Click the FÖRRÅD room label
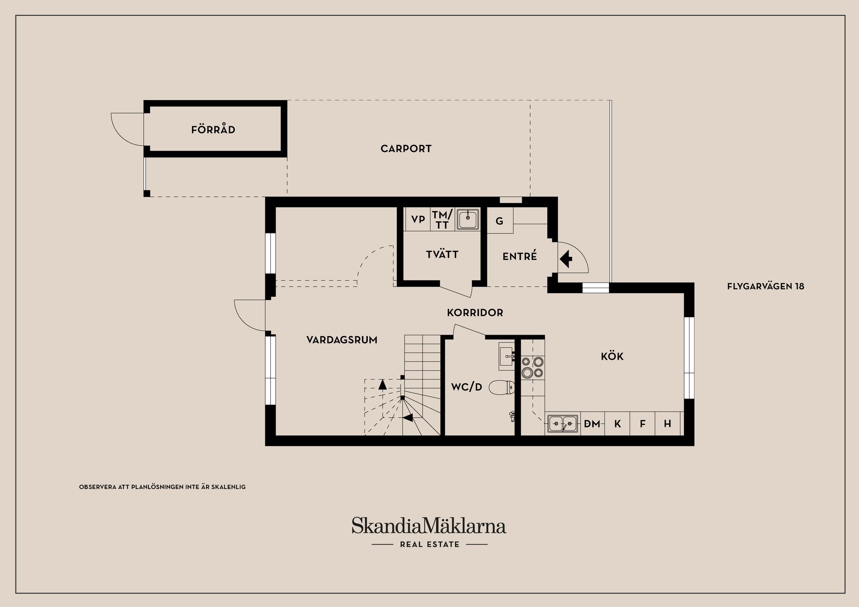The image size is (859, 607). click(x=213, y=129)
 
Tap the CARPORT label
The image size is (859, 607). click(x=406, y=149)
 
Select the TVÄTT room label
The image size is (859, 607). click(x=442, y=254)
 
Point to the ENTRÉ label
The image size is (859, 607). click(x=519, y=256)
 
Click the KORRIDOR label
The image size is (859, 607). click(x=475, y=313)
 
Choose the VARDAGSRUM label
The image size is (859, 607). click(x=342, y=340)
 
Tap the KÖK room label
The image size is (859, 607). click(x=612, y=356)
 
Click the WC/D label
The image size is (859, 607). click(x=467, y=387)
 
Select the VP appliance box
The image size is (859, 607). click(x=417, y=219)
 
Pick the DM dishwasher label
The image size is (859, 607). click(x=592, y=424)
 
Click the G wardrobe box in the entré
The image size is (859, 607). click(x=500, y=221)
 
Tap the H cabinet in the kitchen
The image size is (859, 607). click(x=668, y=424)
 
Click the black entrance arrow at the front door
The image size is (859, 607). click(x=566, y=259)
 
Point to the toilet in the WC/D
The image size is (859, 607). click(x=502, y=387)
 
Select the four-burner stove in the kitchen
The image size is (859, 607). click(x=532, y=367)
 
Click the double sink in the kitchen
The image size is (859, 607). click(x=563, y=423)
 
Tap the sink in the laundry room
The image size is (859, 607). click(x=468, y=219)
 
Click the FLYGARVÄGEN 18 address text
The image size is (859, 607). click(x=765, y=286)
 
